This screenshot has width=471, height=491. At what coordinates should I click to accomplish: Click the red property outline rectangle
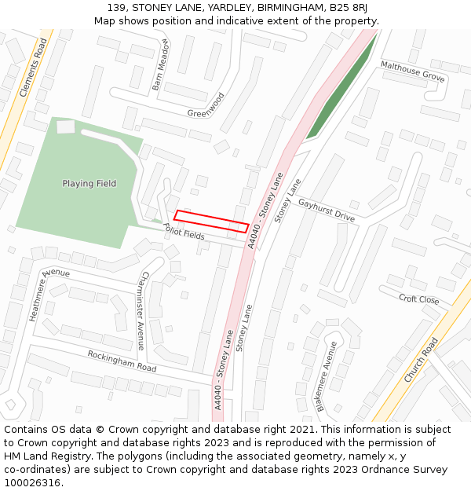pyautogui.click(x=211, y=221)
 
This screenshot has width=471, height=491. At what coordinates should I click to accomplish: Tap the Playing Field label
pyautogui.click(x=89, y=184)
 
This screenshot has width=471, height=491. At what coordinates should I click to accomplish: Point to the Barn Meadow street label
pyautogui.click(x=160, y=64)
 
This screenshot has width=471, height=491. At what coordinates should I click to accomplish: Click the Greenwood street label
pyautogui.click(x=206, y=105)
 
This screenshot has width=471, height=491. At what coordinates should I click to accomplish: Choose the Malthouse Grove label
pyautogui.click(x=412, y=71)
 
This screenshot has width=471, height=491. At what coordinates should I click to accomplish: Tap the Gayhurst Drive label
pyautogui.click(x=326, y=210)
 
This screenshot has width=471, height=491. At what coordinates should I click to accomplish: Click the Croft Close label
pyautogui.click(x=418, y=299)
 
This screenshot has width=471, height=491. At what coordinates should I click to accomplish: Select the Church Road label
pyautogui.click(x=421, y=361)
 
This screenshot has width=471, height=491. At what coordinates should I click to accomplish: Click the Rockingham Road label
pyautogui.click(x=122, y=361)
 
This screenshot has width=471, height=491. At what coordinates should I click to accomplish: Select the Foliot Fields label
pyautogui.click(x=184, y=231)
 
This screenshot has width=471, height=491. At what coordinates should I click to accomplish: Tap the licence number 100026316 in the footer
pyautogui.click(x=32, y=483)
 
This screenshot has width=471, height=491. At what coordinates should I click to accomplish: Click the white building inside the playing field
pyautogui.click(x=66, y=126)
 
